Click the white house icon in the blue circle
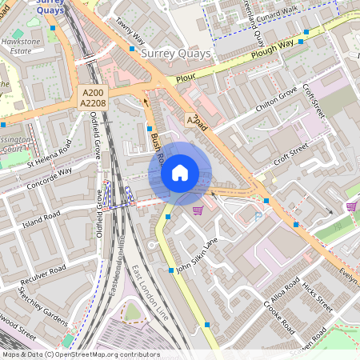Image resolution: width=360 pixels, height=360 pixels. [180, 173]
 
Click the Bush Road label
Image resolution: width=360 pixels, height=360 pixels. [156, 145]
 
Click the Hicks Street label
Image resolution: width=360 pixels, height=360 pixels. [315, 296]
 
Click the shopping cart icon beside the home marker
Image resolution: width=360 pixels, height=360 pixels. [198, 210]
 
